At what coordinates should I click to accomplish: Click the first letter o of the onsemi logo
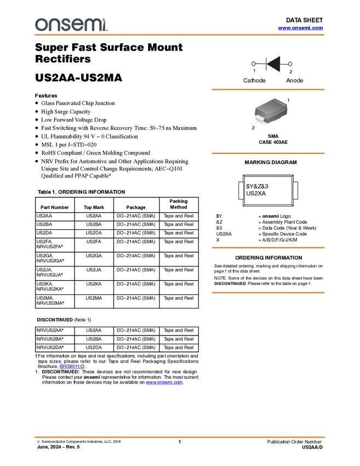(41, 25)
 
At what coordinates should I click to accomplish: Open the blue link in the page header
(300, 28)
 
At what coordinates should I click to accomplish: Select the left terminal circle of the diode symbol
(253, 64)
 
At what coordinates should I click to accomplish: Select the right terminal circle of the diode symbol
(291, 64)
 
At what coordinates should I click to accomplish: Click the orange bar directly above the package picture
(268, 89)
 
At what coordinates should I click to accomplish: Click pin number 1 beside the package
(288, 101)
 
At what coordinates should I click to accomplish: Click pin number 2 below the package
(253, 128)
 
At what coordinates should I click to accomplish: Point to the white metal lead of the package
(260, 121)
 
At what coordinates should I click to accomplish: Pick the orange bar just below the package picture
(268, 153)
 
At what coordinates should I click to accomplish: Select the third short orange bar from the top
(268, 248)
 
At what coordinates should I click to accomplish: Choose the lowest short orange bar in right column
(268, 293)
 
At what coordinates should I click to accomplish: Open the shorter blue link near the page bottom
(72, 367)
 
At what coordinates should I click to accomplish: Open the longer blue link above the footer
(164, 383)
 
